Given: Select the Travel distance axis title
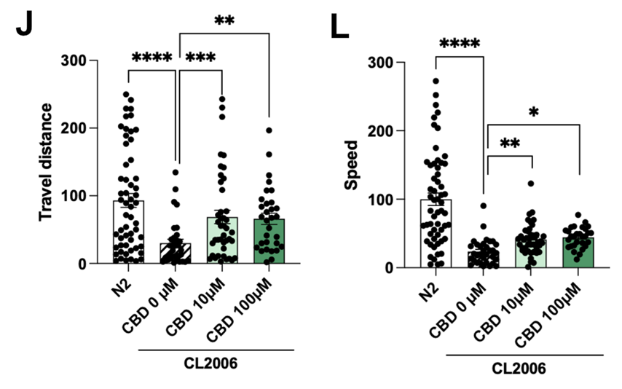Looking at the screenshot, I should click(45, 162).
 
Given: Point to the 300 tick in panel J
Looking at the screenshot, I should click(74, 60).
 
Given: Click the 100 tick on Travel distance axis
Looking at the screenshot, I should click(74, 196).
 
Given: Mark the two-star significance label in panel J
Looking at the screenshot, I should click(224, 20).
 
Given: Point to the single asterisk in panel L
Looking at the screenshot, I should click(534, 112).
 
